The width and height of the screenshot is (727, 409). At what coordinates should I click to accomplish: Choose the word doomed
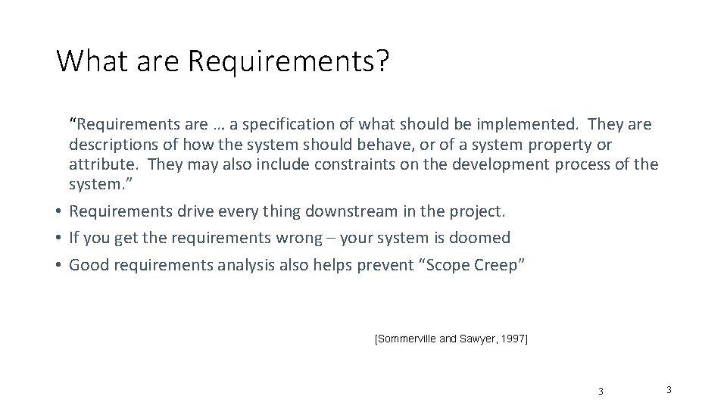click(480, 238)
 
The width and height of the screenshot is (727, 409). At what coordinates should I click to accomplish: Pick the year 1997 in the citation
click(513, 339)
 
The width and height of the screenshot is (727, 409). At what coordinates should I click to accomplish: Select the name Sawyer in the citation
click(476, 339)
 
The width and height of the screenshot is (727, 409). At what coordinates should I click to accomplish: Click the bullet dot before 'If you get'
click(58, 238)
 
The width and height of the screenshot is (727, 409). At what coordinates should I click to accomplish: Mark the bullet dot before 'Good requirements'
click(58, 265)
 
